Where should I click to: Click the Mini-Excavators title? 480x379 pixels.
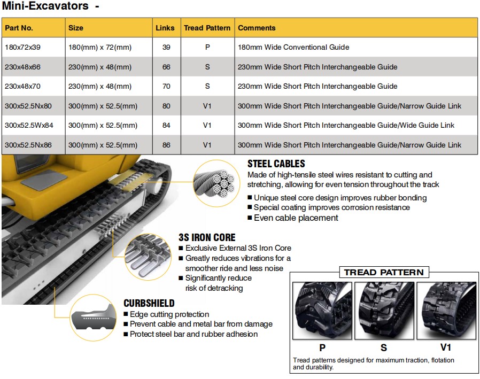coord(45,7)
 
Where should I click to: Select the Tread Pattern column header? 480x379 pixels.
coord(207,28)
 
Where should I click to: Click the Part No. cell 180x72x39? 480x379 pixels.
coord(23,47)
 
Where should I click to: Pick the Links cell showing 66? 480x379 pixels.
coord(166,67)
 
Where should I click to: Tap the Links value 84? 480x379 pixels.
coord(166,125)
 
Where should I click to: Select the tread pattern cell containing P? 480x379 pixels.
coord(207,47)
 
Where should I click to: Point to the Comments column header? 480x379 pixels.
coord(257,28)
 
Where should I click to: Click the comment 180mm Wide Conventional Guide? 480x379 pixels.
coord(293,47)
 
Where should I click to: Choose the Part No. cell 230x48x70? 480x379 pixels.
coord(23,86)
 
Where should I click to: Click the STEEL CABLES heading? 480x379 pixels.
coord(276,164)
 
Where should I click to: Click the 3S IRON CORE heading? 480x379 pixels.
coord(206,237)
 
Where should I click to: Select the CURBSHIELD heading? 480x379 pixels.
coord(149,303)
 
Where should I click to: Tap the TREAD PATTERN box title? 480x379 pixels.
coord(383,272)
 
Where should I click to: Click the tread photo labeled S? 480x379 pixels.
coord(383,310)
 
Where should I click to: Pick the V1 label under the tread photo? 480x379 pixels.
coord(446,347)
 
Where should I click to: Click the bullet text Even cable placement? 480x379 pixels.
coord(296,218)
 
